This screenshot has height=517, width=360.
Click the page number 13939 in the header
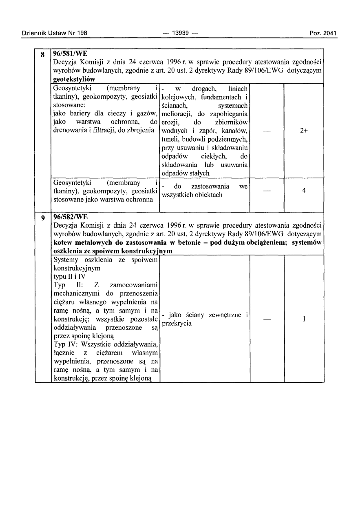[180, 33]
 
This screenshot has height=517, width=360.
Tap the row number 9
[42, 218]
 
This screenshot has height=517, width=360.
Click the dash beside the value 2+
[267, 131]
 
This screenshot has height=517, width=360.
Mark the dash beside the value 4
[267, 191]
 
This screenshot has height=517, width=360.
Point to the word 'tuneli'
[170, 139]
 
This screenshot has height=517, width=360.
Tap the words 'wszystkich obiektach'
[192, 195]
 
